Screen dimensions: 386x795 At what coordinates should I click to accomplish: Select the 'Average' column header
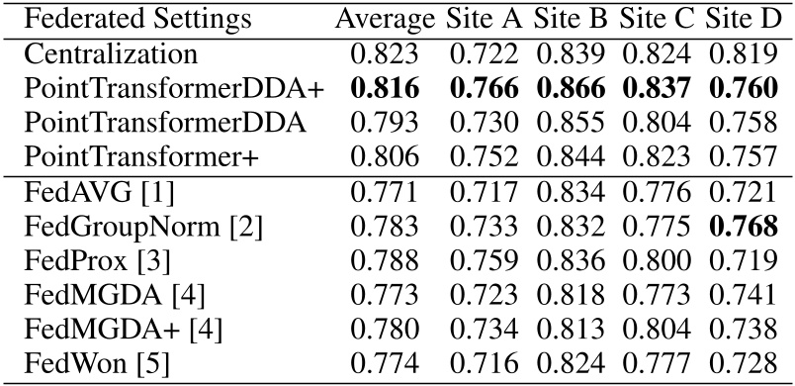385,19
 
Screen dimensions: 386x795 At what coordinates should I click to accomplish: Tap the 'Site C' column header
660,19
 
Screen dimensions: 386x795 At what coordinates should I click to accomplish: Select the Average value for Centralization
385,53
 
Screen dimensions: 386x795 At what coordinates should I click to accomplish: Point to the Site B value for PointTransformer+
573,157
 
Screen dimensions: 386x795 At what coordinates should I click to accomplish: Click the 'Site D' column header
742,19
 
